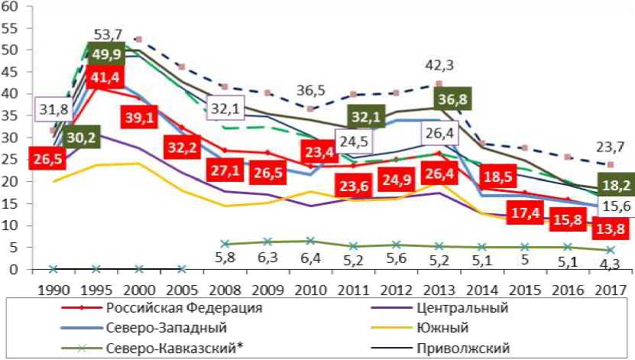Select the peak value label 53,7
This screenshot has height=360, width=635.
[x=109, y=35]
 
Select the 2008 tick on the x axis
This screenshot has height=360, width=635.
[x=224, y=291]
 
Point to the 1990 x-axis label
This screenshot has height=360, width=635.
[x=53, y=291]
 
